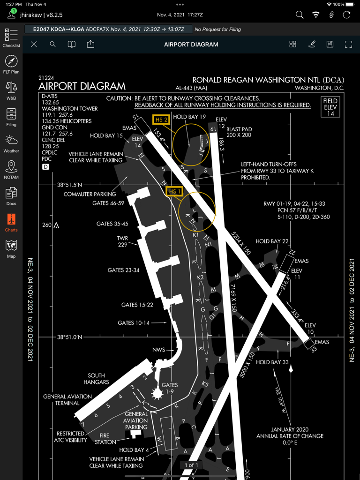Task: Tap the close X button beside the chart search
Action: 34,45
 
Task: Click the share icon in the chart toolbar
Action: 90,45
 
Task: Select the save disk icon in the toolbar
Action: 330,45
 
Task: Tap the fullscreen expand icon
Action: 348,45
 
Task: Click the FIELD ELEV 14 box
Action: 330,107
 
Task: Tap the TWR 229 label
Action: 123,241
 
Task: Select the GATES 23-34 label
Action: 123,270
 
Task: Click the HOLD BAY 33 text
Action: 272,362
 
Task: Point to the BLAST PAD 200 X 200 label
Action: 239,132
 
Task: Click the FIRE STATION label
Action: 105,439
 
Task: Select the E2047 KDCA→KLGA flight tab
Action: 108,30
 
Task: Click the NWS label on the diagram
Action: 158,350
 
